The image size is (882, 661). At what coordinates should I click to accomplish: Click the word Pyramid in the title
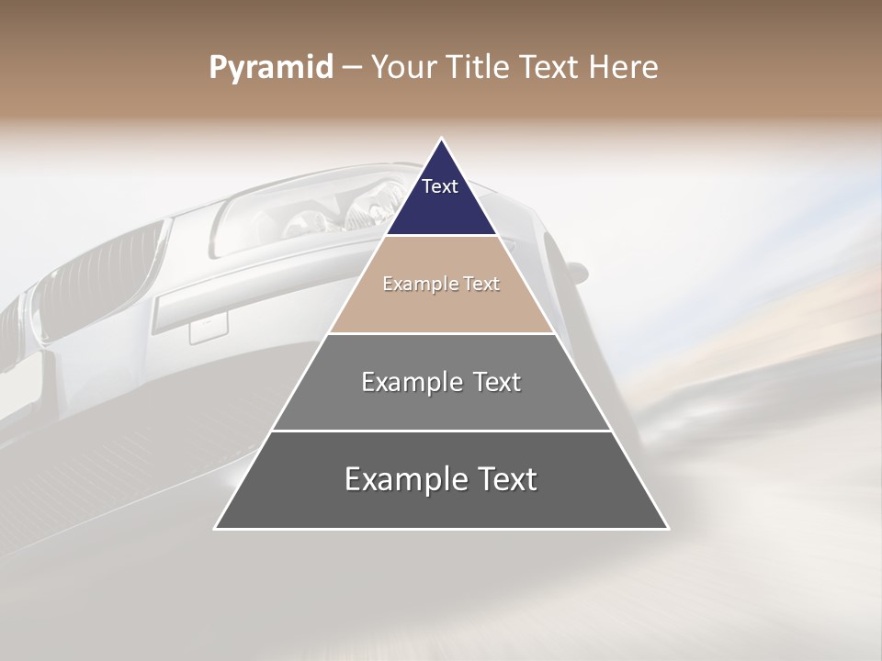270,68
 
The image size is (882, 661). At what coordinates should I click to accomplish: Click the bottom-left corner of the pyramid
216,528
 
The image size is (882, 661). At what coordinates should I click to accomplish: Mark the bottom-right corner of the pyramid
667,528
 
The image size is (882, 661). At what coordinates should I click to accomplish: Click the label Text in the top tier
440,186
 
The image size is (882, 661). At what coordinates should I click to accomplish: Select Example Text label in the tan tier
441,284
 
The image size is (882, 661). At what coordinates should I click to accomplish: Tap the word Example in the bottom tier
400,479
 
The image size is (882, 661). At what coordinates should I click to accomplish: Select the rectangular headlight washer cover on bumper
209,327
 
